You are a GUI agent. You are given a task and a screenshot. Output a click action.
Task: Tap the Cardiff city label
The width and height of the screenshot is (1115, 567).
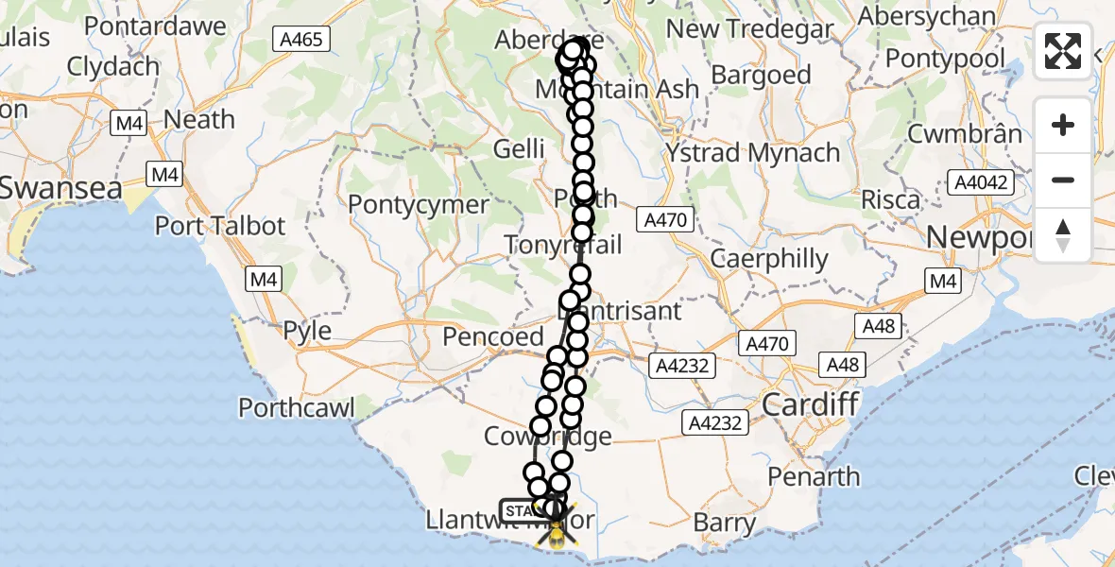click(810, 405)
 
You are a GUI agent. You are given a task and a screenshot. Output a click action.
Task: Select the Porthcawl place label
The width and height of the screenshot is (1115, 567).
click(296, 408)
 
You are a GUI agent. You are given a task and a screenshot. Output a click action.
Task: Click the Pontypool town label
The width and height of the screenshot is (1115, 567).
click(946, 59)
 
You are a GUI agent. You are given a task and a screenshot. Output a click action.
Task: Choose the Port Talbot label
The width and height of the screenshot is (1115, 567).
click(219, 227)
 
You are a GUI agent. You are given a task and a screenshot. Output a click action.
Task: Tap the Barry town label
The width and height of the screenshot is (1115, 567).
click(724, 523)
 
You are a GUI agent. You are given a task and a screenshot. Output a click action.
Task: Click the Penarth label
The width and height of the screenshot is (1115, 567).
click(815, 476)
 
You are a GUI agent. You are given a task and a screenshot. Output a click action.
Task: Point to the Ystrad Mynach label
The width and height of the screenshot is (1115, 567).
click(752, 152)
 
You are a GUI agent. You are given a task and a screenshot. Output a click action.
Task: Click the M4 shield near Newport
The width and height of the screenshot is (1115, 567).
click(942, 281)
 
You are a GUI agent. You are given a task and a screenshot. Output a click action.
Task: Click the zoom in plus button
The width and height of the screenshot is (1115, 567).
click(1063, 125)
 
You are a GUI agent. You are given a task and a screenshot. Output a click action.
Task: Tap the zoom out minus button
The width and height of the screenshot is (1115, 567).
click(1063, 180)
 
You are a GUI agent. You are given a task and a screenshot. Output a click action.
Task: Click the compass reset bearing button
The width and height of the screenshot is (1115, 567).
click(1063, 234)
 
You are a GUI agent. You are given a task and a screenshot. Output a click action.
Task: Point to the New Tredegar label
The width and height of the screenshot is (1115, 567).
click(750, 28)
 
